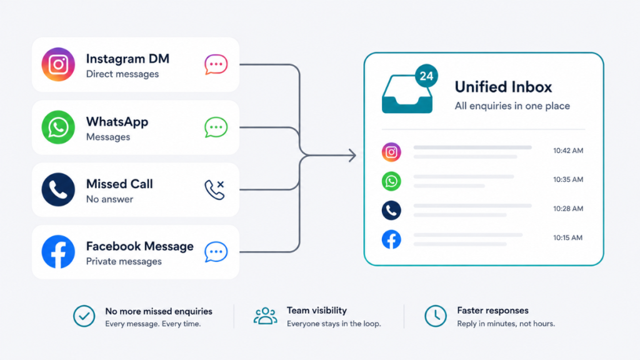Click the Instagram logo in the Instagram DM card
[x=58, y=64]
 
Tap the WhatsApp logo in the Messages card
[x=58, y=127]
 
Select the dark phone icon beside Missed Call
[x=58, y=189]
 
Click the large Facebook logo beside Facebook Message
[x=58, y=251]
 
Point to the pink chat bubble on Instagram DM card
[x=216, y=64]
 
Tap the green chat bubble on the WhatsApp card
[x=216, y=127]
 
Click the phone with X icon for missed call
[x=215, y=190]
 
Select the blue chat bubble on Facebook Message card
[x=216, y=252]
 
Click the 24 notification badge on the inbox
[x=426, y=76]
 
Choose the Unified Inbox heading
[x=503, y=87]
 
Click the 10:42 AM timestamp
[x=568, y=151]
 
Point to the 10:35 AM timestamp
[x=568, y=179]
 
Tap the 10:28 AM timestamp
[x=568, y=209]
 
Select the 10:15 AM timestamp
[x=567, y=237]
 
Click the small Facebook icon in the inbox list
[x=391, y=239]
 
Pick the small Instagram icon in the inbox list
[x=391, y=152]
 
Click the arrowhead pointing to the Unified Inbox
[x=352, y=155]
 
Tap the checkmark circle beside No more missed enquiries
[x=84, y=316]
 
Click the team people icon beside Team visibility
[x=265, y=316]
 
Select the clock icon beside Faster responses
[x=436, y=316]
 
